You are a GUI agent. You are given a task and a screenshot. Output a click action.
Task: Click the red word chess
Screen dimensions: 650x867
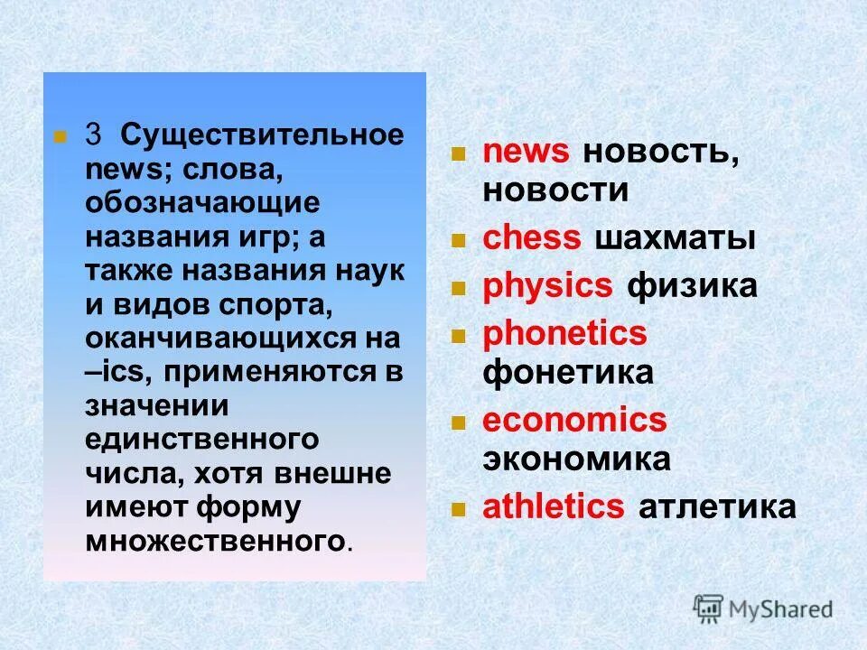532,238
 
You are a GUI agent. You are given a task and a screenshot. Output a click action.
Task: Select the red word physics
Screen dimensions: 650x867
547,286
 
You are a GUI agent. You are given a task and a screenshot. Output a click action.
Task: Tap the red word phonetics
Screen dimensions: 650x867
564,334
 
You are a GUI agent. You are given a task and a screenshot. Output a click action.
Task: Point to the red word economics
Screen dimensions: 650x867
574,421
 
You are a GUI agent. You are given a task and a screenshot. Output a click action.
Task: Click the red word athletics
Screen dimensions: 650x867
554,507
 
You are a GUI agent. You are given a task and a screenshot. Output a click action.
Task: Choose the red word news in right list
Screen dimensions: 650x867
527,152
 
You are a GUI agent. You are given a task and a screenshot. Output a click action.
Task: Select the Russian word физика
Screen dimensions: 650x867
692,286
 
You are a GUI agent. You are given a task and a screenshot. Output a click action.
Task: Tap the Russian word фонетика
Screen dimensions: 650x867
568,372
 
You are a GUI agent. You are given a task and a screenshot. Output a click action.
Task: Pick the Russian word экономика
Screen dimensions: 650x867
576,459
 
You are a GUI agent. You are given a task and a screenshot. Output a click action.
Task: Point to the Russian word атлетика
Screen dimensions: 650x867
717,507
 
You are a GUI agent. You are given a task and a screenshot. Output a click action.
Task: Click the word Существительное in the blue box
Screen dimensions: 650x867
263,135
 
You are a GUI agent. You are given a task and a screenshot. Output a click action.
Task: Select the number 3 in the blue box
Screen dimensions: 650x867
93,135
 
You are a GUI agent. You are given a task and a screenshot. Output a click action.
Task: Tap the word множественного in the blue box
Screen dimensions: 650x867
216,542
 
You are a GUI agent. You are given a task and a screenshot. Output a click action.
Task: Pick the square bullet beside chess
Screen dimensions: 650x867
458,241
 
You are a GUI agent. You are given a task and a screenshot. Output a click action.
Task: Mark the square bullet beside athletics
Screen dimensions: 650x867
458,510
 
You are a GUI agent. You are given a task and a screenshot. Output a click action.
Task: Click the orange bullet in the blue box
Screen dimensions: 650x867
61,137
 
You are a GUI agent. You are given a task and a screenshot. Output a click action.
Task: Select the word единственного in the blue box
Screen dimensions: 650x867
202,441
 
